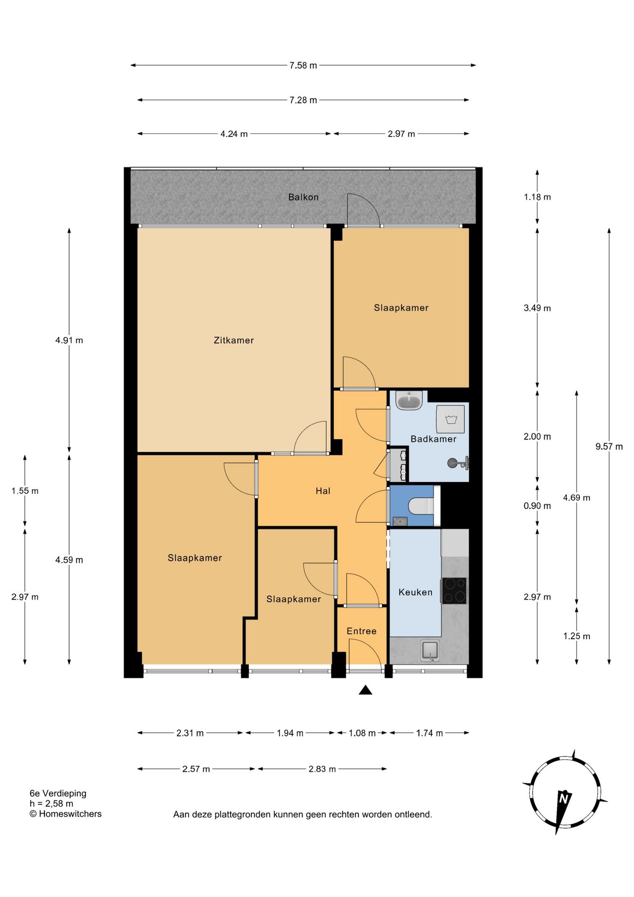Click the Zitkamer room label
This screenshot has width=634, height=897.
(233, 341)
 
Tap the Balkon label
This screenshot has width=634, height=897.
(303, 197)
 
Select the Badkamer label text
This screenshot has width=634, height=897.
(433, 439)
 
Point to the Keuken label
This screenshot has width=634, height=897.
(416, 592)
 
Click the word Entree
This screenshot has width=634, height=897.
(361, 631)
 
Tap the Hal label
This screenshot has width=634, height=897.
(323, 491)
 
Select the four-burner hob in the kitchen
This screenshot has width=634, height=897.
(454, 591)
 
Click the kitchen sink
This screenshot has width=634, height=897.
(430, 650)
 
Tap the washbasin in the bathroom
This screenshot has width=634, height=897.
(409, 400)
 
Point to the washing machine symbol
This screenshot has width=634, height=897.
(451, 419)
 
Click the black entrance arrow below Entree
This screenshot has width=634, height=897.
(366, 690)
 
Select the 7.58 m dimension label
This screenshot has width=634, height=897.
(303, 65)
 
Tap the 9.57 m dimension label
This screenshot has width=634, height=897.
(609, 447)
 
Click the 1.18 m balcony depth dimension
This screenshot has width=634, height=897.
(537, 197)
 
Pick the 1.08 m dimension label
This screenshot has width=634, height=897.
(362, 733)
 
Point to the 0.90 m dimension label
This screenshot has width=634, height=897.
(537, 506)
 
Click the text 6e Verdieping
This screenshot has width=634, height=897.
(58, 794)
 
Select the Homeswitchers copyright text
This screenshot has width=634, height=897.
(65, 814)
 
